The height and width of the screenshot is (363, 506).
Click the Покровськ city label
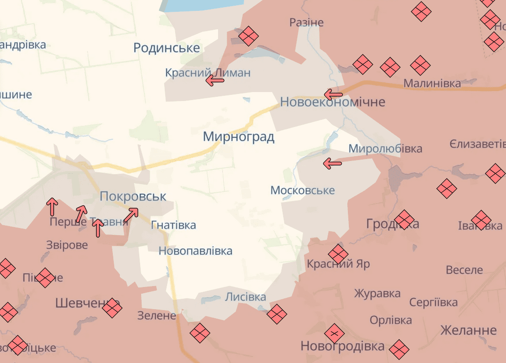click(x=133, y=196)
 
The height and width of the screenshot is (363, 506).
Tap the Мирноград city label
click(x=238, y=137)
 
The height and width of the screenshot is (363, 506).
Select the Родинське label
click(x=167, y=48)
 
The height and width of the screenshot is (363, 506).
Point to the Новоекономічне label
click(x=333, y=102)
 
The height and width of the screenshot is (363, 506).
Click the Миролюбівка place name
click(x=385, y=149)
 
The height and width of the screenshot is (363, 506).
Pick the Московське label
click(x=303, y=190)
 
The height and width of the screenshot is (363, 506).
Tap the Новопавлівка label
click(x=195, y=251)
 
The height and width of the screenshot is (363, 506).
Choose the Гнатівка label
click(x=173, y=225)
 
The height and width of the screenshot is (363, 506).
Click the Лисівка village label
click(x=245, y=297)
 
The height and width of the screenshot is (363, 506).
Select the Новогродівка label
click(x=343, y=346)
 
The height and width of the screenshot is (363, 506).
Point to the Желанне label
click(x=468, y=330)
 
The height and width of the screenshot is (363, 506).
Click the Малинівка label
click(x=432, y=84)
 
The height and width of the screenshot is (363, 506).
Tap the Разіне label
click(x=306, y=22)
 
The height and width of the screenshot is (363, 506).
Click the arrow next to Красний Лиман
click(x=215, y=81)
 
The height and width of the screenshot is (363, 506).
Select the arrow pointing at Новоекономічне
click(x=333, y=94)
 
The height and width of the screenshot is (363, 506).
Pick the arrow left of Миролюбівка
click(x=332, y=164)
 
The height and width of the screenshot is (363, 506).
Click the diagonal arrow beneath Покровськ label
click(x=131, y=215)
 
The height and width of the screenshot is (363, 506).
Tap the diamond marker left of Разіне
click(x=248, y=36)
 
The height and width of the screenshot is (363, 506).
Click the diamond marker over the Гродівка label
click(x=404, y=220)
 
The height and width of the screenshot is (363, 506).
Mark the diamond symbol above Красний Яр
click(x=338, y=254)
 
